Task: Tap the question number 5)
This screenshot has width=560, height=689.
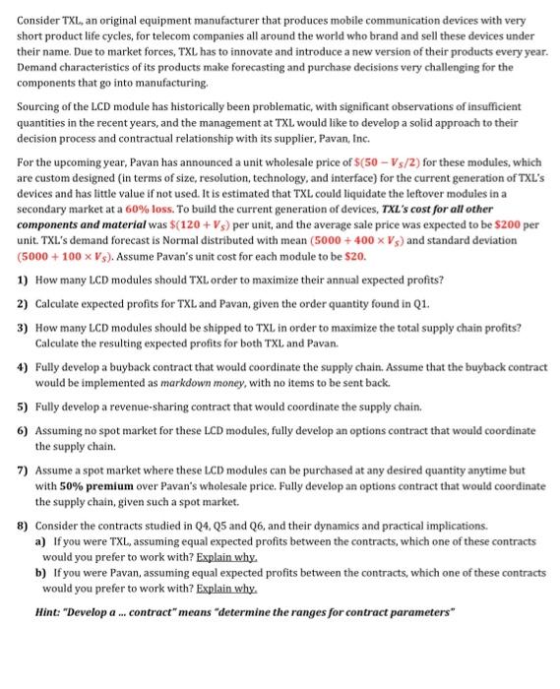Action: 23,405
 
